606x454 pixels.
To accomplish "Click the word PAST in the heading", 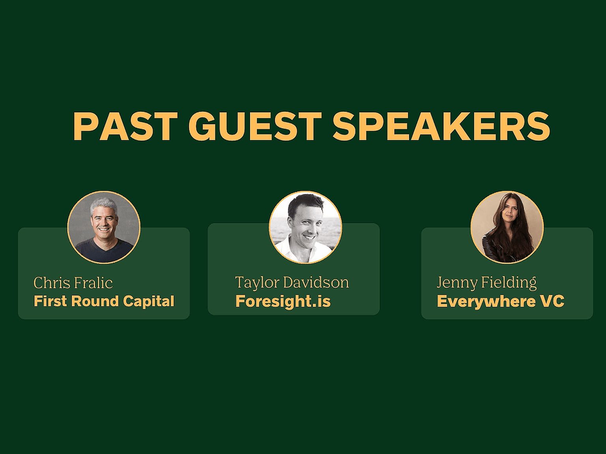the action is coord(125,127).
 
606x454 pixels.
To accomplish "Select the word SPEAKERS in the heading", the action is coord(441,127).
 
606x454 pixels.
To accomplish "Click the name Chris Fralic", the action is coord(73,283).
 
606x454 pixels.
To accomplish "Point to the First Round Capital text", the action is coord(104,301).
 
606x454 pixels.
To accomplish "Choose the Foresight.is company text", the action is coord(283,301).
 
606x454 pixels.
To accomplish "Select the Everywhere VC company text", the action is coord(501,301).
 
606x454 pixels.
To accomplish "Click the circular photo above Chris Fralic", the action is coord(104,227).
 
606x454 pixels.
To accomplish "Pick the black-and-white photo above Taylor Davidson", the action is coord(305,227).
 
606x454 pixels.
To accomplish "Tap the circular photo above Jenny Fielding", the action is coord(507,227).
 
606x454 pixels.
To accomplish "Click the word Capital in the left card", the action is coord(149,301).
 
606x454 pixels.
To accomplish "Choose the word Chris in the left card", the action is coord(50,283).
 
